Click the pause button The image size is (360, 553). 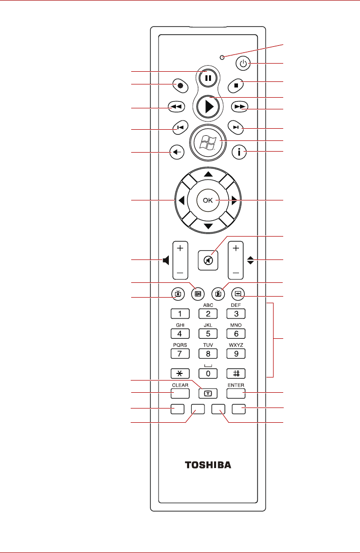point(208,78)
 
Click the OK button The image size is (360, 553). point(208,201)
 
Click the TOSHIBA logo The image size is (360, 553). point(208,464)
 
